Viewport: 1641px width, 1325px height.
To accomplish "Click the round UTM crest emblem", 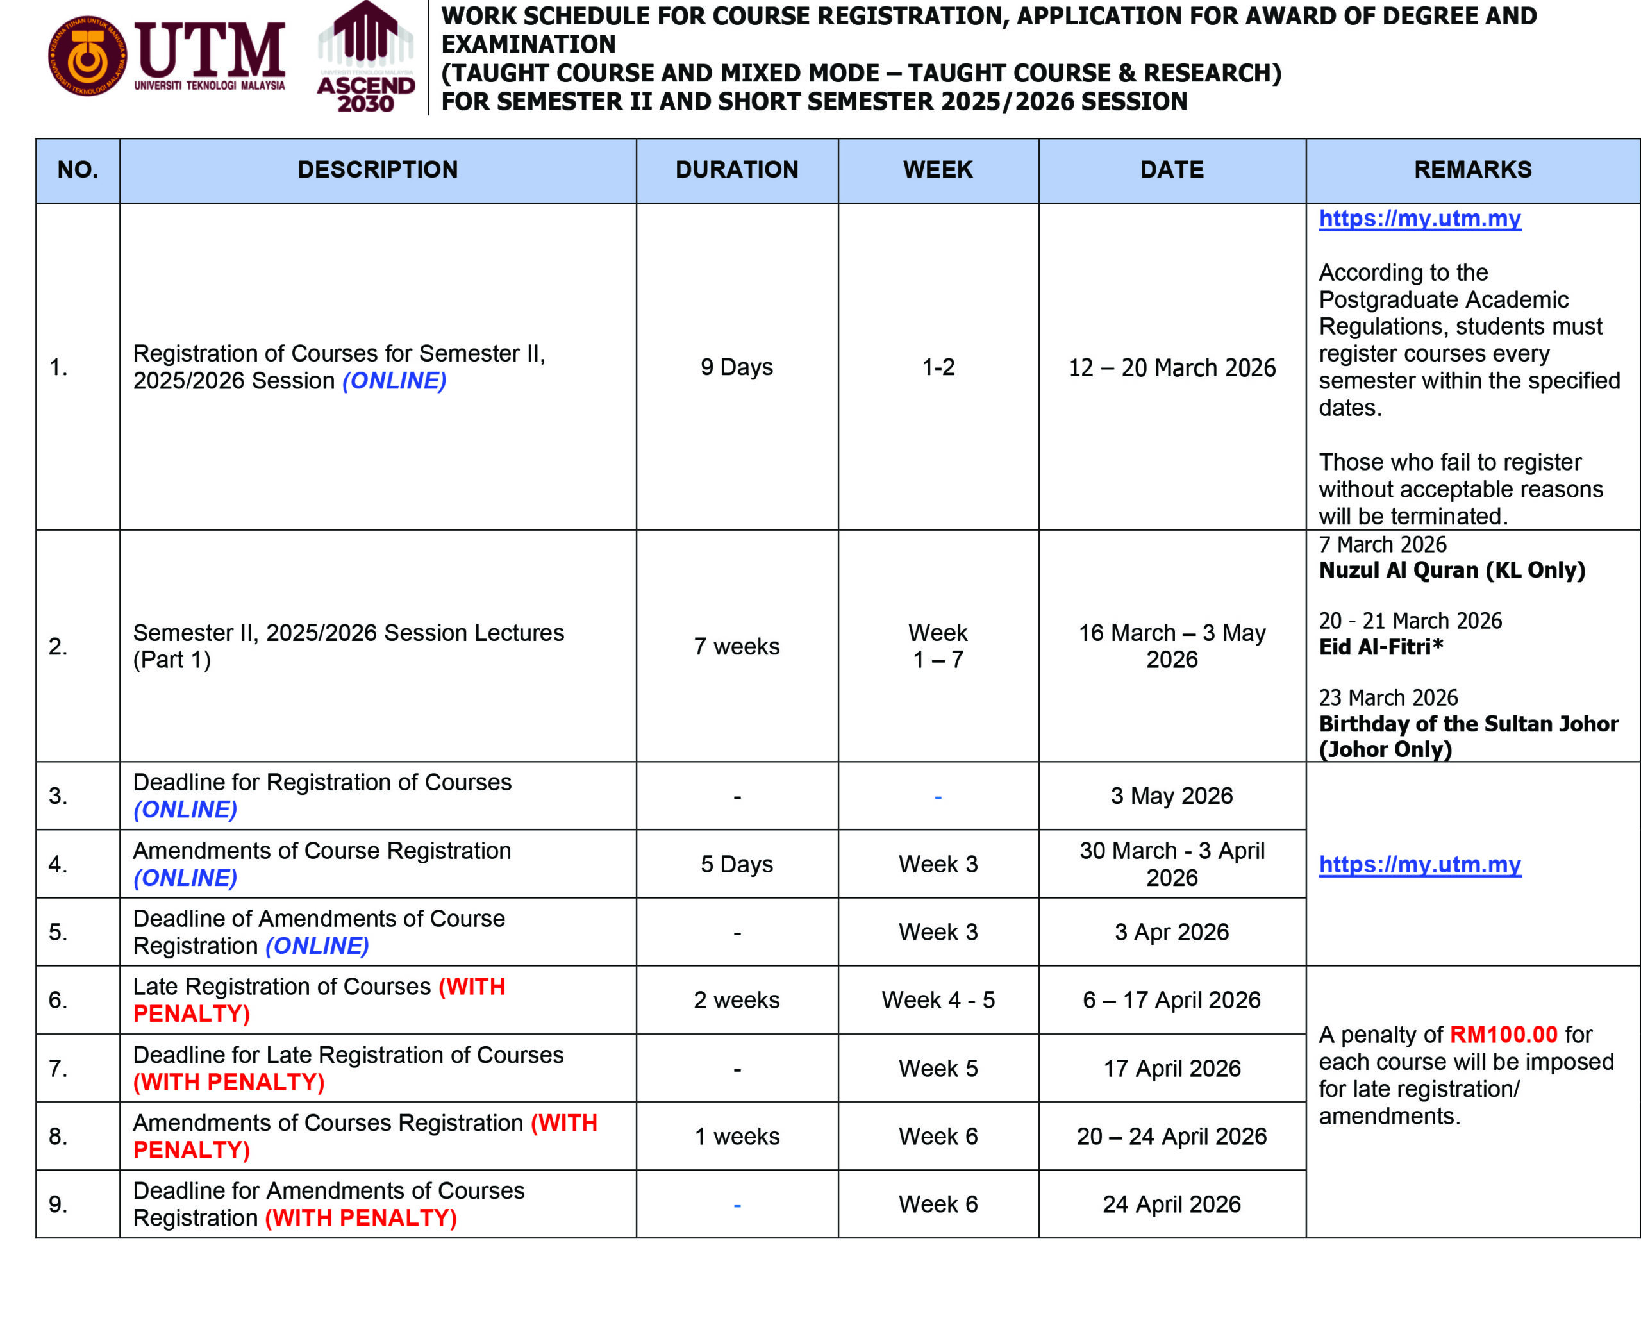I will [x=87, y=56].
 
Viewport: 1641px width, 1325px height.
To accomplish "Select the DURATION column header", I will [x=737, y=169].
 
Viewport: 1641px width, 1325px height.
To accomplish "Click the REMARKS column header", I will [x=1472, y=169].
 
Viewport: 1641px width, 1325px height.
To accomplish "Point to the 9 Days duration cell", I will [x=737, y=367].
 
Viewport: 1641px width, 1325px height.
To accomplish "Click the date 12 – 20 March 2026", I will [x=1172, y=368].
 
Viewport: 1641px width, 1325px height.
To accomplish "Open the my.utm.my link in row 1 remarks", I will [x=1420, y=219].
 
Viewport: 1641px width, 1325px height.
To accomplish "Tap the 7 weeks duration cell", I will [x=737, y=646].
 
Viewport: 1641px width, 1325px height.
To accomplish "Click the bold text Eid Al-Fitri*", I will [x=1381, y=647].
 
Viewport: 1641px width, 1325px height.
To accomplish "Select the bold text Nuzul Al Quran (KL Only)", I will [x=1452, y=570].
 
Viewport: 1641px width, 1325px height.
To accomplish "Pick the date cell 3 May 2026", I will [x=1172, y=796].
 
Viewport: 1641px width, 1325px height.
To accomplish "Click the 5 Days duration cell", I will [x=737, y=864].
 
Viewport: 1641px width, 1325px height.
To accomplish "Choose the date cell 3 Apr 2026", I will [x=1172, y=932].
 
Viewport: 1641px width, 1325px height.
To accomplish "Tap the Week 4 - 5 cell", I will [x=938, y=1000].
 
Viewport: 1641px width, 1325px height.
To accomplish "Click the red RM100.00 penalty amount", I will [x=1503, y=1034].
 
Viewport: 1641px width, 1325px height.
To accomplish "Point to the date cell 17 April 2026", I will [x=1172, y=1069].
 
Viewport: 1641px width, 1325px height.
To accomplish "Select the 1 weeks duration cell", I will [x=737, y=1137].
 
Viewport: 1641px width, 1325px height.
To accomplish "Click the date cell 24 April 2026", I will [x=1172, y=1204].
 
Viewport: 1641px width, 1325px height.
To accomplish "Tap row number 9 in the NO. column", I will [x=58, y=1204].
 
